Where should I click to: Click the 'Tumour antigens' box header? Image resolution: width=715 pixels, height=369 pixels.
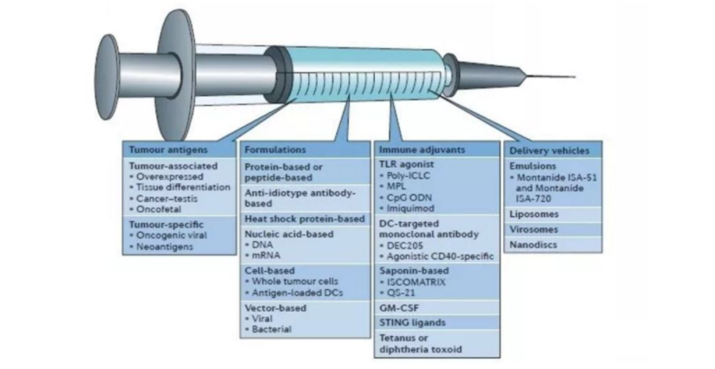[157, 149]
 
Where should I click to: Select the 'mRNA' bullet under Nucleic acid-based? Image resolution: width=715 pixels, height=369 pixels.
[262, 255]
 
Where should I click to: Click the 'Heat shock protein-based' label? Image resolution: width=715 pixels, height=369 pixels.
[304, 218]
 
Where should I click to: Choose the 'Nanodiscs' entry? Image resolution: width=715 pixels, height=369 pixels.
[534, 244]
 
